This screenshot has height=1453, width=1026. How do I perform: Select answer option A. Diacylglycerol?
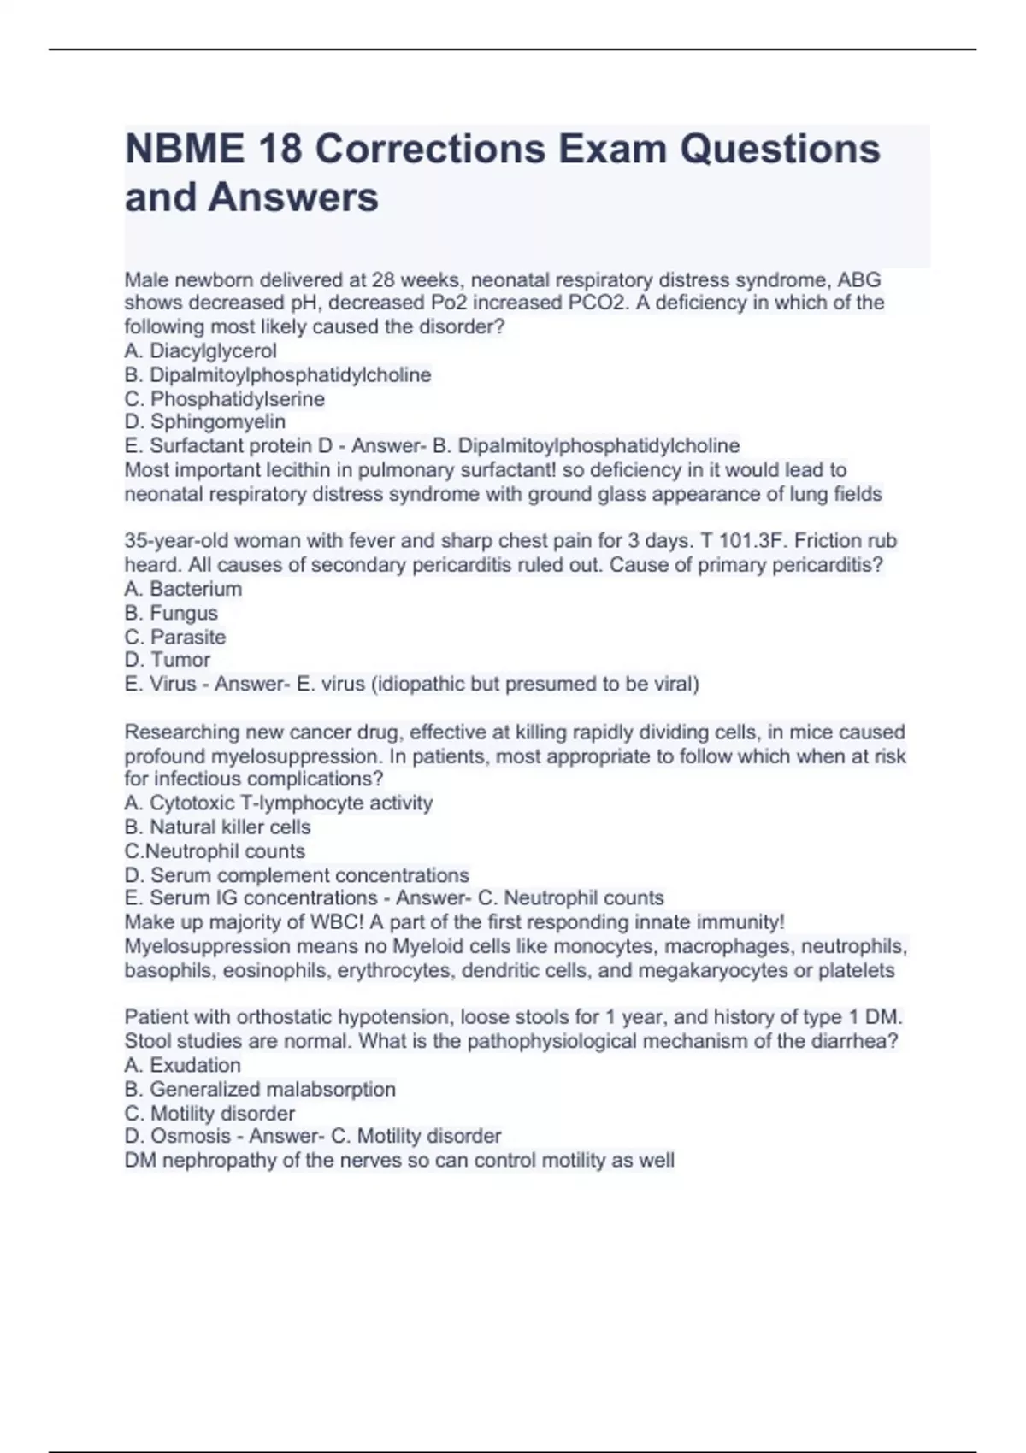(200, 350)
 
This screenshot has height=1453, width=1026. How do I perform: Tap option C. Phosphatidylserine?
(224, 398)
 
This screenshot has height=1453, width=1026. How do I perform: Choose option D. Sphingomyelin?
(205, 421)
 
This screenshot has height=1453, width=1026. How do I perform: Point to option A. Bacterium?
(183, 588)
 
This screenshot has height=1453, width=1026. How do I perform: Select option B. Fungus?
(171, 613)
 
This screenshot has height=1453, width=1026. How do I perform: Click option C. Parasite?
(175, 637)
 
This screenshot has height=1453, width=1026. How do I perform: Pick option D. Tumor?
(168, 659)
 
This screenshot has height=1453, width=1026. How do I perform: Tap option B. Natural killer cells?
(217, 827)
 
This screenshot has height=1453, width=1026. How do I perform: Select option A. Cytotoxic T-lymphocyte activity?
(278, 803)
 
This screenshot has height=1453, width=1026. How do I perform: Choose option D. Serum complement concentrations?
(297, 875)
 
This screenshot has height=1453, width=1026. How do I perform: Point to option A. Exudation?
(182, 1065)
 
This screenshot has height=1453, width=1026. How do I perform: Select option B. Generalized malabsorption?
(260, 1089)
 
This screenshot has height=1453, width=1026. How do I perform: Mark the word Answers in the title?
(293, 197)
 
